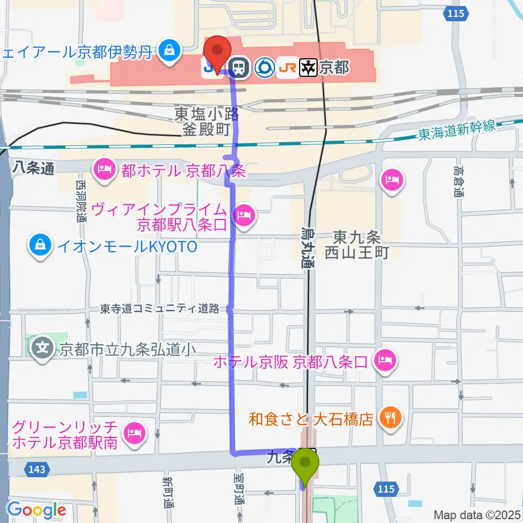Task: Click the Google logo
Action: pos(37,510)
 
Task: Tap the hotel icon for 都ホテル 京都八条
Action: pos(104,171)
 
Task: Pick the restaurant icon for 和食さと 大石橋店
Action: pos(391,418)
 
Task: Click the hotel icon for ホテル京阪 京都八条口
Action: pos(385,360)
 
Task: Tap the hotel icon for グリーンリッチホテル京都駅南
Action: pos(134,434)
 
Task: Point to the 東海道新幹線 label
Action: pos(457,131)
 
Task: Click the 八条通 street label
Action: pos(34,169)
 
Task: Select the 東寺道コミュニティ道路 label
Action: pos(160,309)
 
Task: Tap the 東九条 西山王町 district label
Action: pos(356,245)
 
